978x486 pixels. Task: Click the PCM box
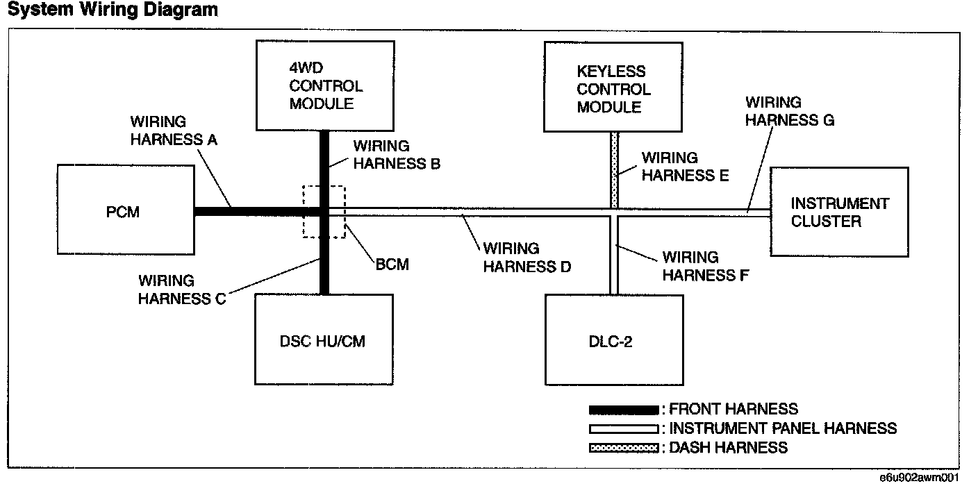126,210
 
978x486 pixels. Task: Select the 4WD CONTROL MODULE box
325,86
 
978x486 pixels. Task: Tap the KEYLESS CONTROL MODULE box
613,87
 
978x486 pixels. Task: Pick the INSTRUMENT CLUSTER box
840,212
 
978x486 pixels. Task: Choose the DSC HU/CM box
324,340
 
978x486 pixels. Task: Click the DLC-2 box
614,340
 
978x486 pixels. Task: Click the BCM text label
392,265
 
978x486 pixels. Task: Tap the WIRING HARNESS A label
174,131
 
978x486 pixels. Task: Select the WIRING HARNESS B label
397,154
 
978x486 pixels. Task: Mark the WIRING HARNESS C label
181,290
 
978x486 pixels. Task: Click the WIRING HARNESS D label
527,258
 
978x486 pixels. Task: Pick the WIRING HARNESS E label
685,166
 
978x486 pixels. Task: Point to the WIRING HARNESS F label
706,266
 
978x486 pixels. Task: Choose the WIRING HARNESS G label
789,111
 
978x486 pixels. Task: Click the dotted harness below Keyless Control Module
614,170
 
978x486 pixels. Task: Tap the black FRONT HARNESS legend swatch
624,410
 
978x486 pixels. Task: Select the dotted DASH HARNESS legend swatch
624,448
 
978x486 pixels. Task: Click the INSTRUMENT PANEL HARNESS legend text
783,428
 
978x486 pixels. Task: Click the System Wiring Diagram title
113,10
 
